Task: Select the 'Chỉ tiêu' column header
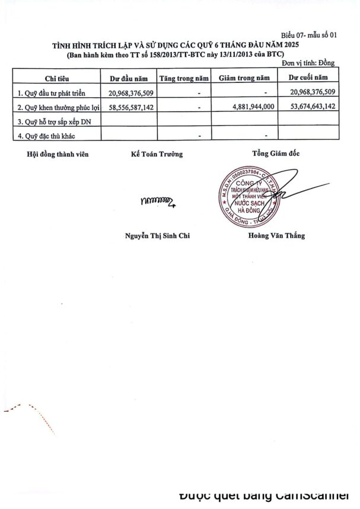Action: [x=58, y=78]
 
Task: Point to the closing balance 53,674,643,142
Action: [x=310, y=108]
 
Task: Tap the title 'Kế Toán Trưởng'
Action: [x=157, y=153]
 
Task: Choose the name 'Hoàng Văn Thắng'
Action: [x=276, y=235]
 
